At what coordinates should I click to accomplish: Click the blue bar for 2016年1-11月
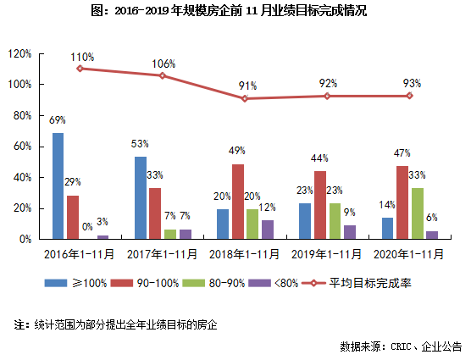58,186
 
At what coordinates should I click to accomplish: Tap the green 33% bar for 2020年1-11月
418,213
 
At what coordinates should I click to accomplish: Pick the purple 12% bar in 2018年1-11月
268,230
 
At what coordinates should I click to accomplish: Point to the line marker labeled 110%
80,68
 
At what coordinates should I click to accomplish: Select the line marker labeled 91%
245,98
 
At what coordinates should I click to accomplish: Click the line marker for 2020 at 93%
410,96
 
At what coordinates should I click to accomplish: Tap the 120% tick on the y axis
19,53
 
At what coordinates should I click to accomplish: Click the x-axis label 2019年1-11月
327,253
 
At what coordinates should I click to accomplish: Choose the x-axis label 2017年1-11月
163,253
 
